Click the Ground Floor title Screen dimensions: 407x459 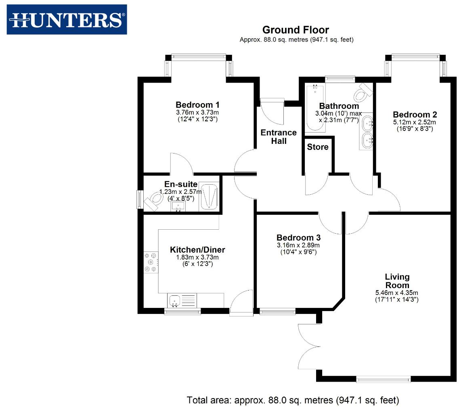pyautogui.click(x=296, y=30)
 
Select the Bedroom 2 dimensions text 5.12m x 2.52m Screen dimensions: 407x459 pyautogui.click(x=415, y=122)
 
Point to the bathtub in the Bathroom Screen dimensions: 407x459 pyautogui.click(x=314, y=109)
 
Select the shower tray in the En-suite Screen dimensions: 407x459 pyautogui.click(x=209, y=197)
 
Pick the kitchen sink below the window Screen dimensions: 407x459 pyautogui.click(x=175, y=300)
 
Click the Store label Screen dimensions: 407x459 pyautogui.click(x=318, y=147)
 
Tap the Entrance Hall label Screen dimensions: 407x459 pyautogui.click(x=279, y=137)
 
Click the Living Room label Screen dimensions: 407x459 pyautogui.click(x=397, y=281)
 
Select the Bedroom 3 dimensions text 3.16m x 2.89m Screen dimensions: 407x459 pyautogui.click(x=298, y=245)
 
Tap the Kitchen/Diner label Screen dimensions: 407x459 pyautogui.click(x=197, y=250)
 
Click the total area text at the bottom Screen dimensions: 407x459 pyautogui.click(x=293, y=400)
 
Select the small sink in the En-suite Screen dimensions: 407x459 pyautogui.click(x=178, y=206)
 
